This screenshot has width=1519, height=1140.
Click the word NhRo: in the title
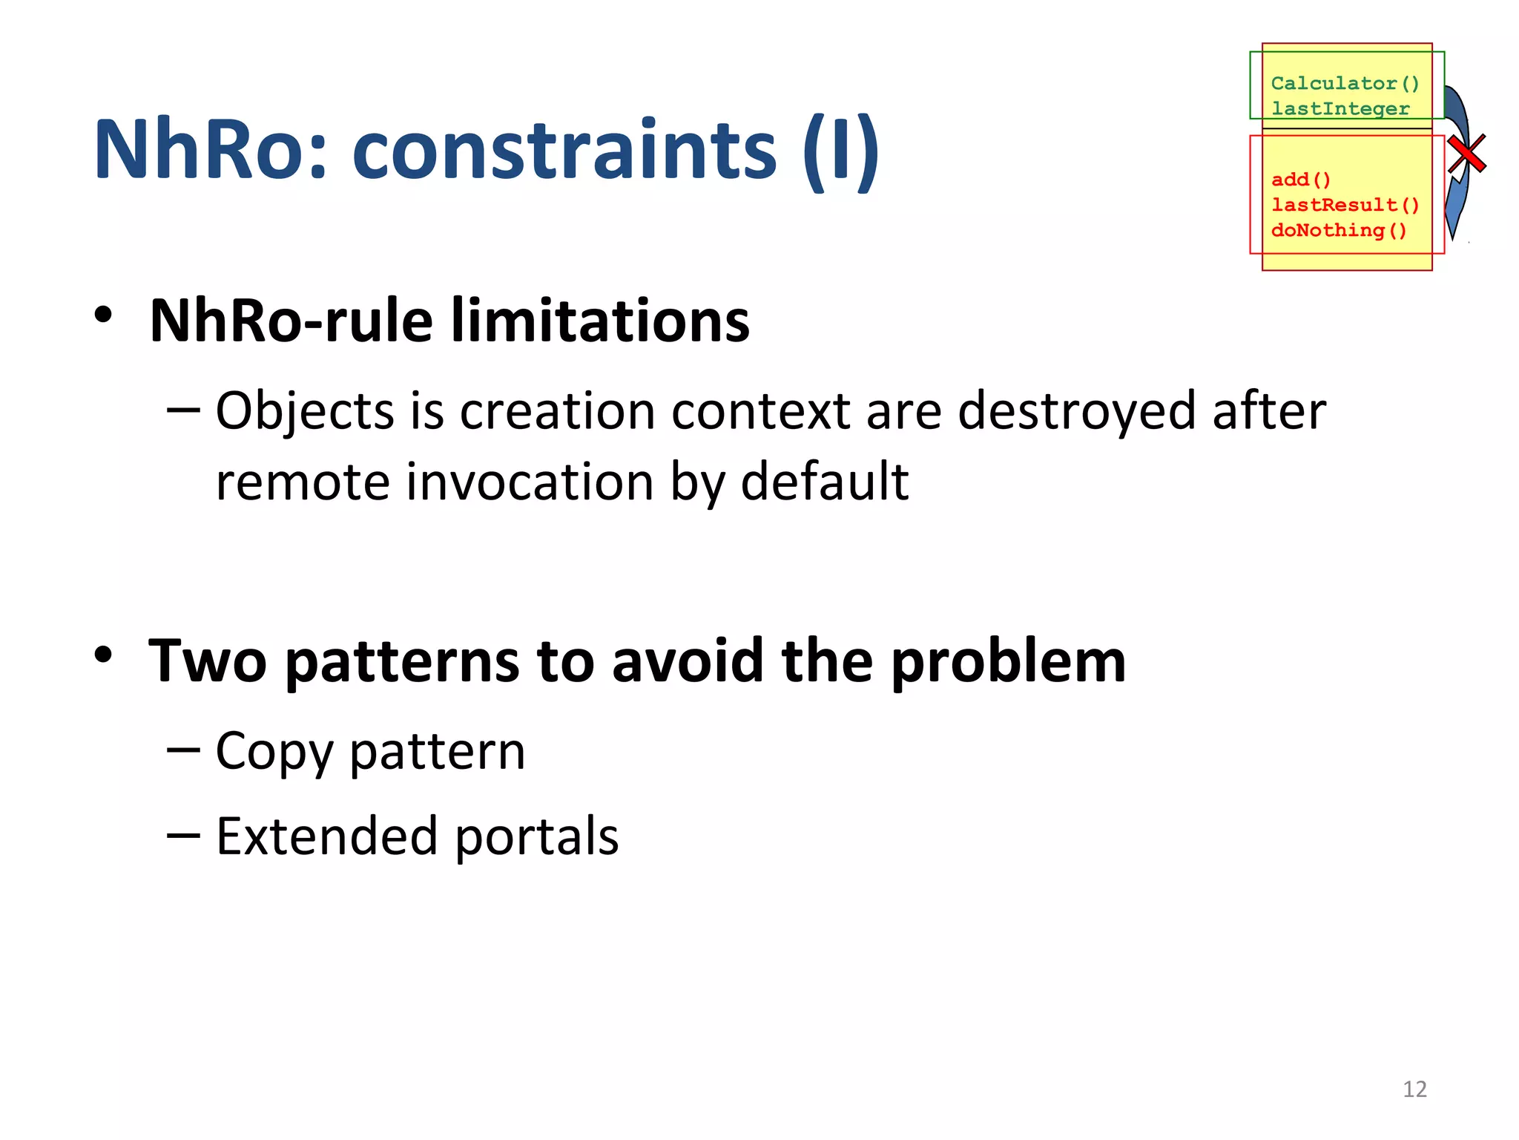pyautogui.click(x=210, y=151)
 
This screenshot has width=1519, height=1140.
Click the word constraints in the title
pyautogui.click(x=564, y=151)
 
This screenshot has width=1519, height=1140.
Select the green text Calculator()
pyautogui.click(x=1344, y=83)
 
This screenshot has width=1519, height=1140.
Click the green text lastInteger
pyautogui.click(x=1340, y=108)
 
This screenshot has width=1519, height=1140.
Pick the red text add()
pyautogui.click(x=1300, y=180)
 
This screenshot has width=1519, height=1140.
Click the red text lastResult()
pyautogui.click(x=1344, y=205)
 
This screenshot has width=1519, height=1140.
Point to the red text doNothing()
pyautogui.click(x=1338, y=230)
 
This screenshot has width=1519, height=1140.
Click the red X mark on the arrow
pyautogui.click(x=1466, y=154)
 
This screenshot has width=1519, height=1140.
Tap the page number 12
pyautogui.click(x=1414, y=1089)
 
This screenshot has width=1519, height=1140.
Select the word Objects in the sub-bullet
pyautogui.click(x=304, y=411)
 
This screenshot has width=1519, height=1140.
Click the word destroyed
pyautogui.click(x=1076, y=411)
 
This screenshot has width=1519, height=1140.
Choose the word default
pyautogui.click(x=824, y=482)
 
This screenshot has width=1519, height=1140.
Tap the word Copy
pyautogui.click(x=274, y=752)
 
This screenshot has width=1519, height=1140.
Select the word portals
pyautogui.click(x=536, y=836)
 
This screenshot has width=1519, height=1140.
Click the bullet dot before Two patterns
pyautogui.click(x=103, y=655)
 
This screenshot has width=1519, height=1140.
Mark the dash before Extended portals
pyautogui.click(x=183, y=836)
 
